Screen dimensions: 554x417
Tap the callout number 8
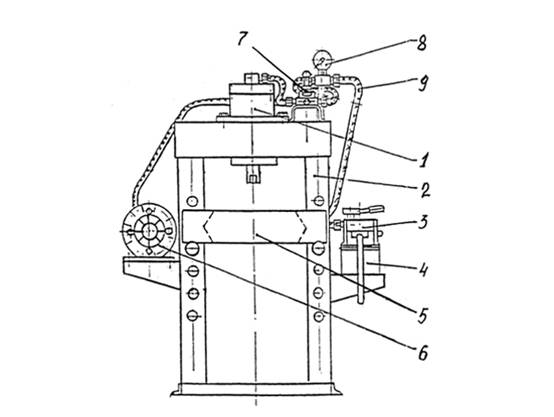(x=421, y=43)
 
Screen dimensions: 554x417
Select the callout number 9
(x=423, y=84)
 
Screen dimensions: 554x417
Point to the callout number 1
(x=423, y=159)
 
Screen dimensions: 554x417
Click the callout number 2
(x=425, y=190)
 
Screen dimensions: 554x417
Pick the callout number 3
(x=423, y=222)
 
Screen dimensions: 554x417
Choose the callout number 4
(x=423, y=270)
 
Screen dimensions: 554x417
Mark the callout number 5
(x=423, y=315)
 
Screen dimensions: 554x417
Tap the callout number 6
(x=423, y=352)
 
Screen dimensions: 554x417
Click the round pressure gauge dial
(x=322, y=61)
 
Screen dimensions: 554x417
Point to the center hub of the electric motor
(x=149, y=230)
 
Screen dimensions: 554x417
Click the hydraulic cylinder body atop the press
(x=252, y=99)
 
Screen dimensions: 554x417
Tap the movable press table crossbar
(x=254, y=226)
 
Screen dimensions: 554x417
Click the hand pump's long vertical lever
(x=360, y=269)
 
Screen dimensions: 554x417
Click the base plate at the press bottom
(x=256, y=389)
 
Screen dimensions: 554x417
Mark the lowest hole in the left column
(x=192, y=315)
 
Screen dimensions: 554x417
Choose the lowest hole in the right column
(x=319, y=316)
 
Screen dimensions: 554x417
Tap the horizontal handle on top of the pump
(x=363, y=210)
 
